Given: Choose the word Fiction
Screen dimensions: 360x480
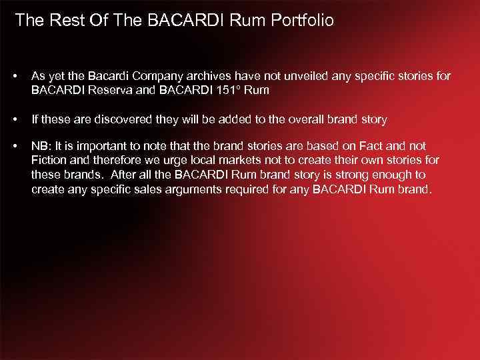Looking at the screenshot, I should (48, 160).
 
